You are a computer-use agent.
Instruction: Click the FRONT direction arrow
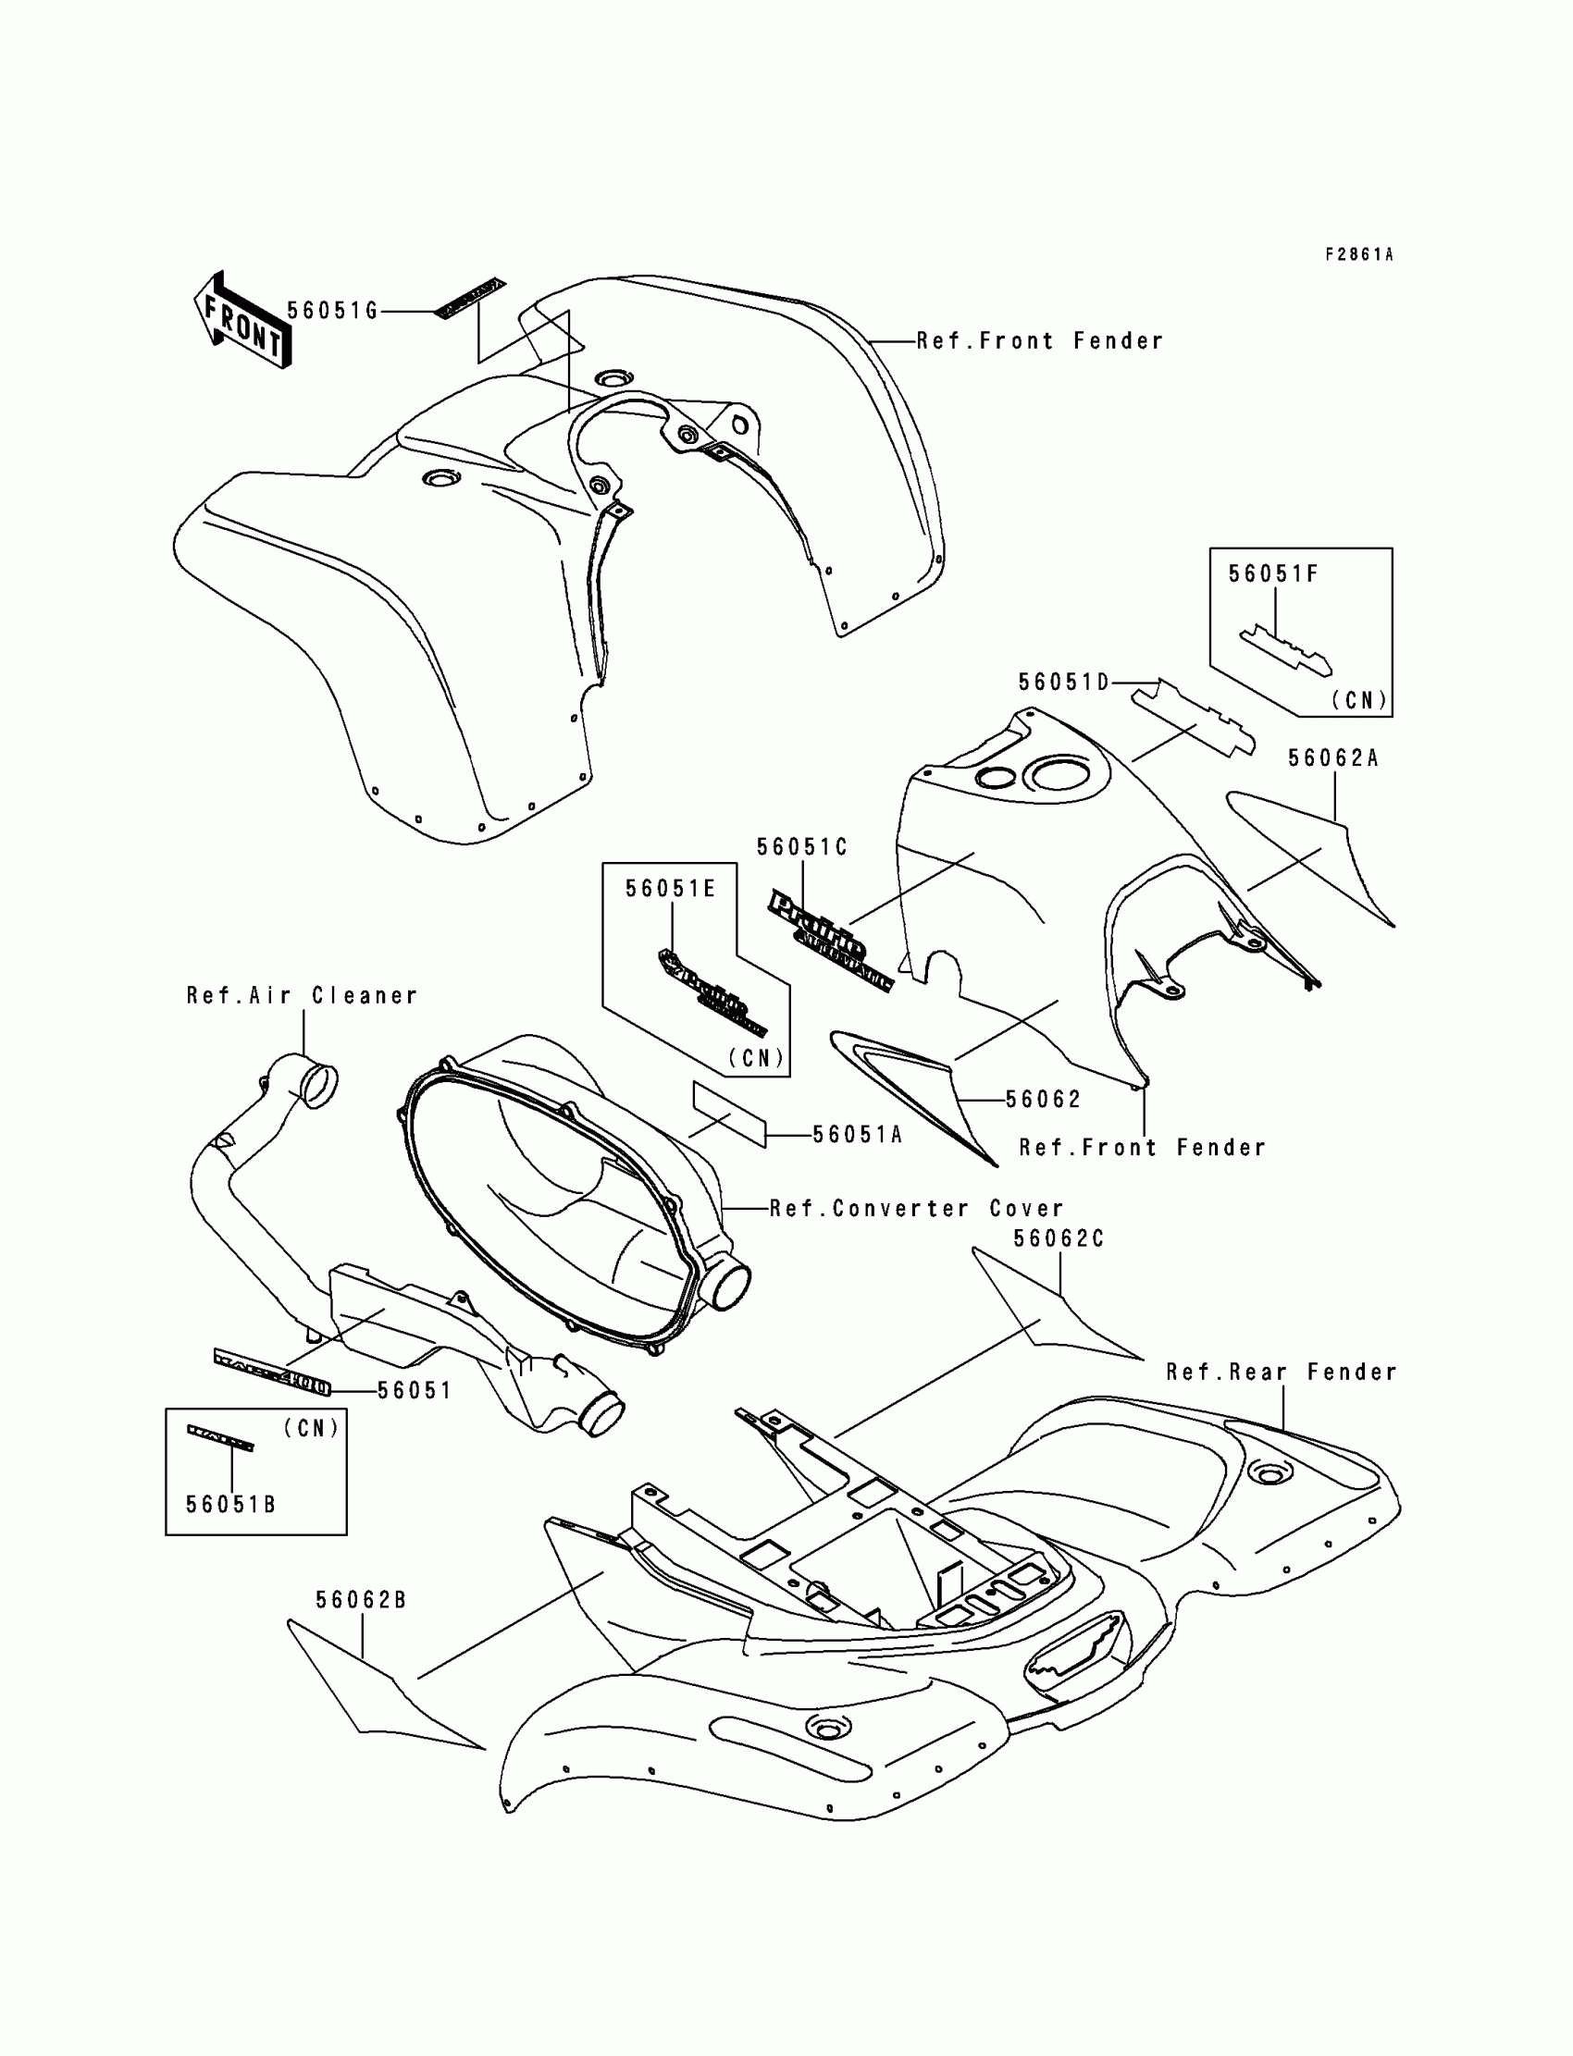242,320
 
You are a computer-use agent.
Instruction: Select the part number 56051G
332,311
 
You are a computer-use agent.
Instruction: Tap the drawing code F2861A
1358,254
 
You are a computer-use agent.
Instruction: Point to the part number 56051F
1272,574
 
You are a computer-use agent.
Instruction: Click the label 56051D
1064,683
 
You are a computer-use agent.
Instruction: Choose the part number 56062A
1333,759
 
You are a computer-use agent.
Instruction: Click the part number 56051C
801,848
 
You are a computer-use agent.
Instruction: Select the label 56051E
671,889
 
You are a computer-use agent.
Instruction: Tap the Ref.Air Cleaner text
302,996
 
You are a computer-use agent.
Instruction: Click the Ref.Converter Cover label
917,1209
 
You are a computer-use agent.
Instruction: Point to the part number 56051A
857,1135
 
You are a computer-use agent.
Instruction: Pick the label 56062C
1059,1239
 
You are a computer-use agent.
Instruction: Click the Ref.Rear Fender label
1281,1373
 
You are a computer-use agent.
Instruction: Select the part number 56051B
230,1505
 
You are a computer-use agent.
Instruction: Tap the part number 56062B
361,1600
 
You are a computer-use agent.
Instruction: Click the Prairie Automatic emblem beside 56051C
830,941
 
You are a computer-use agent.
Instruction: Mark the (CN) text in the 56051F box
1358,700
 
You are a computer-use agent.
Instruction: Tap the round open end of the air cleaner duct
319,1086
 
